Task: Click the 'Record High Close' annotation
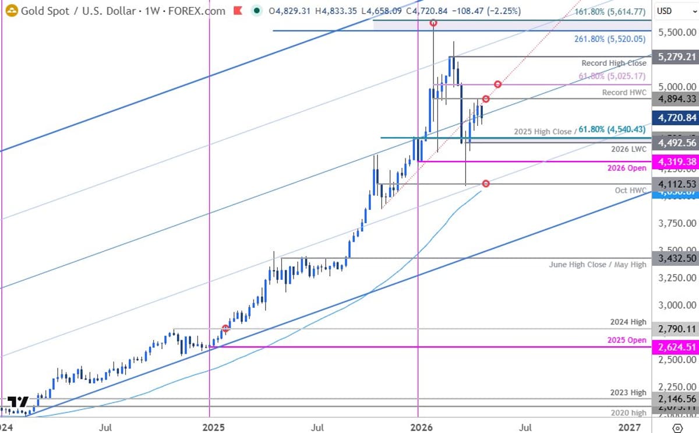click(614, 63)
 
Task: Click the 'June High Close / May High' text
click(598, 265)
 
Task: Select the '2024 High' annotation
click(629, 322)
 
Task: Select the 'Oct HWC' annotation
click(630, 191)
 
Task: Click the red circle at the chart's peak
click(433, 23)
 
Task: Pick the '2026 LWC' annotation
click(629, 149)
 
